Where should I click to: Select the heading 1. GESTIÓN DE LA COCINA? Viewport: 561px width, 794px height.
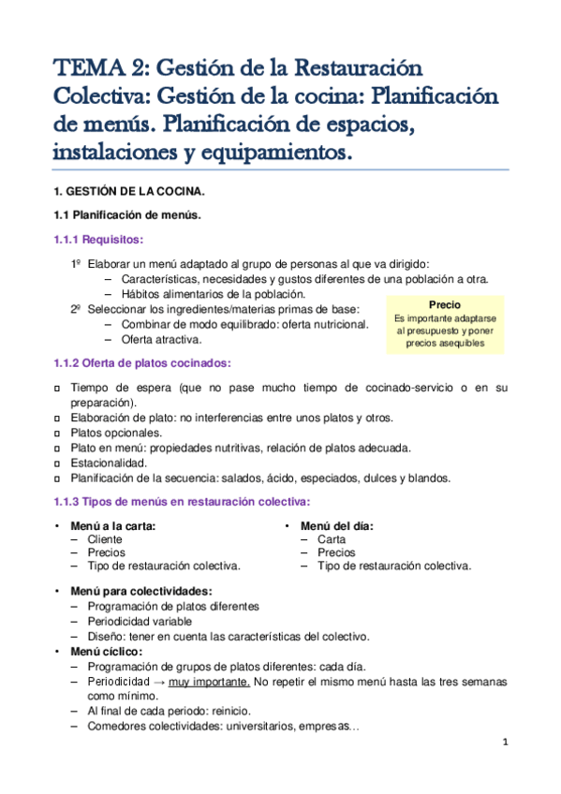128,192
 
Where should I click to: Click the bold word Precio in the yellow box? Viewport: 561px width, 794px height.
445,305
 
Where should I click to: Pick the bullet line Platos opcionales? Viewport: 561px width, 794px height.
116,433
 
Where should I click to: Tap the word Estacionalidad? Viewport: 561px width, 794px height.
109,463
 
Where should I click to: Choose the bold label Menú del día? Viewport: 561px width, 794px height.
337,526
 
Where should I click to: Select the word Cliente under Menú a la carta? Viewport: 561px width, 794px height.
105,539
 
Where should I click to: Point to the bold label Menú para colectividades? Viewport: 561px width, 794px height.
140,592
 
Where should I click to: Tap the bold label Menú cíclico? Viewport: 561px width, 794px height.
106,651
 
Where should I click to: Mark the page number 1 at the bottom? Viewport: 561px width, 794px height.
505,743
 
